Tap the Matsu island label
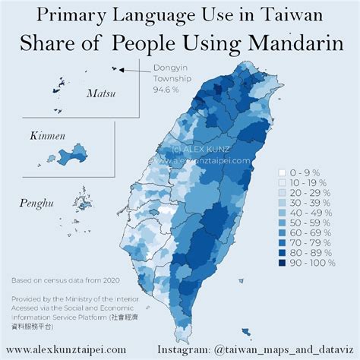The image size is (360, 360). point(100,94)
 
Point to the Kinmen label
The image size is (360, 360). point(48,136)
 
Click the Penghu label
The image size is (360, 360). point(36,203)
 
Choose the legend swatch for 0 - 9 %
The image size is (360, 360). point(282,172)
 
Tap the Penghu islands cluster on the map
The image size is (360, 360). point(80,203)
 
